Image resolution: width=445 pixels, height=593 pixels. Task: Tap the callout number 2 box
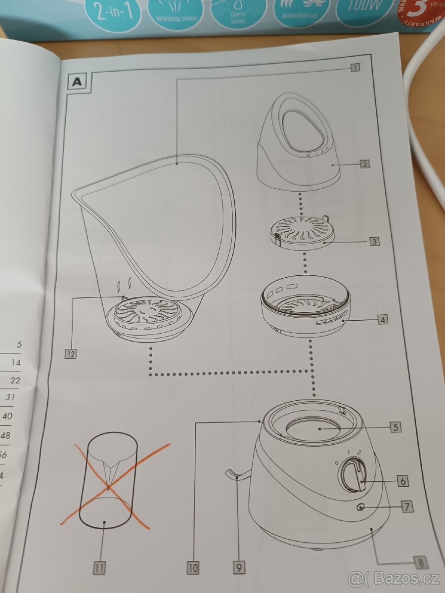click(363, 164)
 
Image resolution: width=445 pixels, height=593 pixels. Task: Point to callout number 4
click(382, 320)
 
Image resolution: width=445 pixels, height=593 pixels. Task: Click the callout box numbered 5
click(394, 427)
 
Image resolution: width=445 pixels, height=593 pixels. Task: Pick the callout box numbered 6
click(402, 481)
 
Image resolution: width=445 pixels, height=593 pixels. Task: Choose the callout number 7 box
click(406, 507)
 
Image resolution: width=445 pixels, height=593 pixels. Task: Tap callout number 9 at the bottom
click(238, 568)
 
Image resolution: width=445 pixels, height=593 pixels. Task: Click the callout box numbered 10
click(193, 568)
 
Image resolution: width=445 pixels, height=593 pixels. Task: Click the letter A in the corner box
click(77, 82)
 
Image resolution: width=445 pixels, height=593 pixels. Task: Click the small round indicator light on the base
click(359, 507)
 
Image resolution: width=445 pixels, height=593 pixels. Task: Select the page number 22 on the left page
click(15, 380)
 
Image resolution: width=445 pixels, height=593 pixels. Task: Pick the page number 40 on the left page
click(7, 416)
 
